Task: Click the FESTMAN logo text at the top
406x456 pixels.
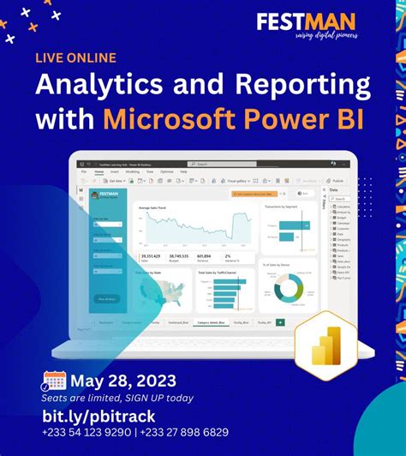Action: coord(307,21)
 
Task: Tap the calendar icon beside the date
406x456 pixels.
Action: coord(54,381)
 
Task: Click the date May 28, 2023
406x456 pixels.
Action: coord(123,381)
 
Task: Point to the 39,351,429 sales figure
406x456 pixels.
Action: coord(151,255)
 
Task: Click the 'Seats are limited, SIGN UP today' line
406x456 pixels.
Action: coord(117,398)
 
